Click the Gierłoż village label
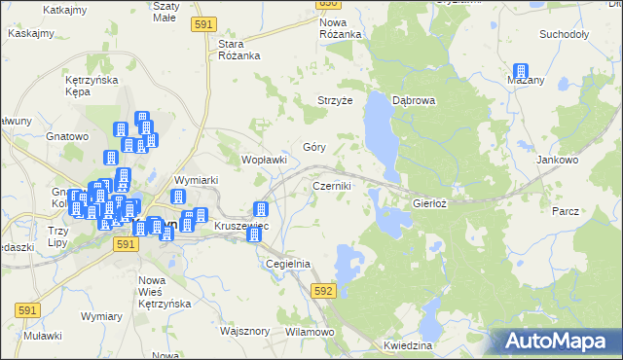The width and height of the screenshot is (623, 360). point(429,204)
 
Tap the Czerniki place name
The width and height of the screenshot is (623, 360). point(331,185)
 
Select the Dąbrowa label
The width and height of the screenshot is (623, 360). point(413,100)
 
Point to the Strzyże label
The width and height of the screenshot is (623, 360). point(335,100)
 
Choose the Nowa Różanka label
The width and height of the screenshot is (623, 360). point(341,28)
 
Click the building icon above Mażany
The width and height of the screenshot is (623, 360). point(521,72)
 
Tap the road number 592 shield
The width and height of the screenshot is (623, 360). point(324,291)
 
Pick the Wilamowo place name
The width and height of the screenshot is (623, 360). point(310,332)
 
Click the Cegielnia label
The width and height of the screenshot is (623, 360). point(287,264)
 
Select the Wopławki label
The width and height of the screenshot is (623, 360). point(264,160)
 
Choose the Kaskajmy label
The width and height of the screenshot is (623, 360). point(30,32)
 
